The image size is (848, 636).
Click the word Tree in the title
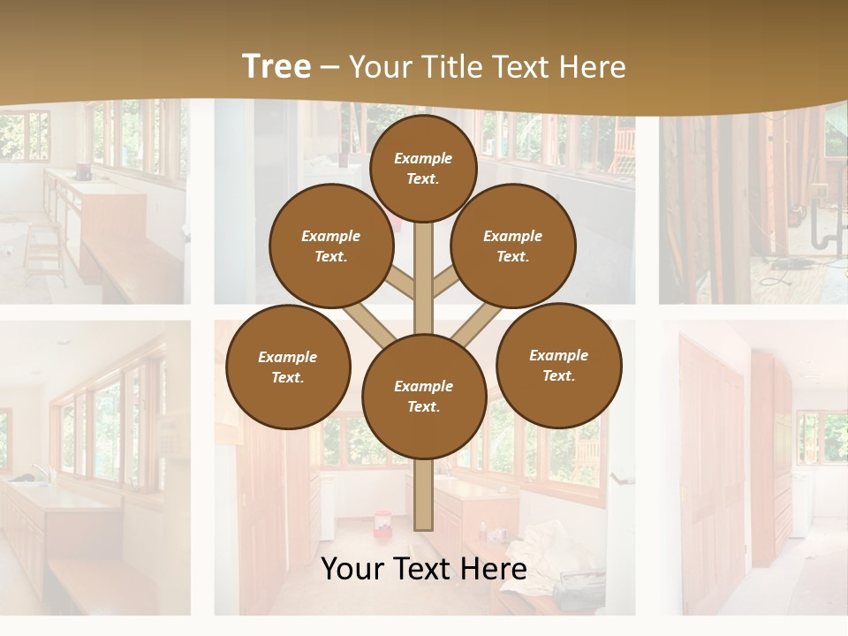pos(276,66)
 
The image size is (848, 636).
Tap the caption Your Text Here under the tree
pos(423,569)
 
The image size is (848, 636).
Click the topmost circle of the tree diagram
pos(423,168)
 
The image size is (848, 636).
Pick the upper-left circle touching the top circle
pos(330,246)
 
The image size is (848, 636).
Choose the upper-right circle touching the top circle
pos(512,246)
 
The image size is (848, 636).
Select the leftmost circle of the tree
pos(288,367)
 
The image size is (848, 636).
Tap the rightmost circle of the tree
pos(558,365)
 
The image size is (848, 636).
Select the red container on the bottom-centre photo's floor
pos(382,522)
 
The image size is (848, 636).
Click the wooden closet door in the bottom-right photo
pos(711,459)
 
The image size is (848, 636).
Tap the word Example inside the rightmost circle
pos(558,355)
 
